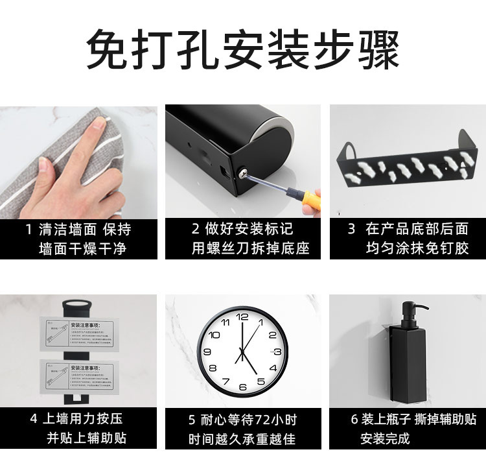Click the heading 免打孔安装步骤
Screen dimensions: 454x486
coord(242,49)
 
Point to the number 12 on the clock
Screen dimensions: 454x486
coord(242,317)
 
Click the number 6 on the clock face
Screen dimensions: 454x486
coord(242,387)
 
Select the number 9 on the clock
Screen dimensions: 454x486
coord(207,352)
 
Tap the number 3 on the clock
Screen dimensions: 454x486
coord(277,352)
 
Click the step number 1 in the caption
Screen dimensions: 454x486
coord(29,229)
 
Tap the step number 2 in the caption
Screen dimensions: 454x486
coord(195,229)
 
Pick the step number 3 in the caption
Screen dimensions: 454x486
coord(351,229)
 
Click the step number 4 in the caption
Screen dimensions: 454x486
coord(34,419)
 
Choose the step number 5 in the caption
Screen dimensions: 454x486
coord(192,419)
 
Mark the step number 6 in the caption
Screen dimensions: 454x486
coord(354,419)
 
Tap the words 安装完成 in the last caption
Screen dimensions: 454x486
coord(385,438)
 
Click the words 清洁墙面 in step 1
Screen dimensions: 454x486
coord(67,229)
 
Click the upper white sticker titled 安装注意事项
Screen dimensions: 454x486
coord(78,335)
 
